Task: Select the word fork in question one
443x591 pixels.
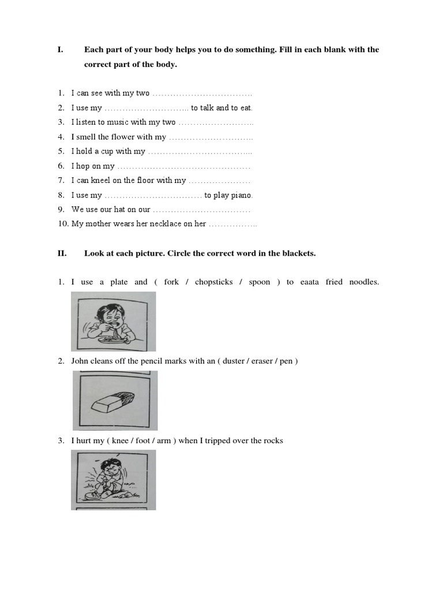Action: [171, 282]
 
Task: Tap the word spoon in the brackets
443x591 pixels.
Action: [260, 282]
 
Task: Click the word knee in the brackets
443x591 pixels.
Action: [120, 441]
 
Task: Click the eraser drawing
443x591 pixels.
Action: [115, 400]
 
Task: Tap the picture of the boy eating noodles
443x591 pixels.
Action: [113, 321]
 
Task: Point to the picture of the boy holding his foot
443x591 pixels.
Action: [113, 479]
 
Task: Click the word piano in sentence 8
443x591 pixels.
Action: [241, 196]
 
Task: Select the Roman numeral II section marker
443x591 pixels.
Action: [62, 253]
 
